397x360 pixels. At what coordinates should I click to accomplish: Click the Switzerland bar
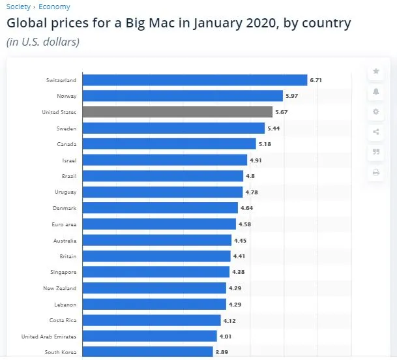tap(195, 80)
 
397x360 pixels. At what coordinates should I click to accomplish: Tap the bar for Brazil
tap(163, 176)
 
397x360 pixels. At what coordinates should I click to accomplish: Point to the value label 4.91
tap(256, 160)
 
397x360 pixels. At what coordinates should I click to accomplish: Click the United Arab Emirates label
tap(49, 337)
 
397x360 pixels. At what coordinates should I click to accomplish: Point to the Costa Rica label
tap(63, 320)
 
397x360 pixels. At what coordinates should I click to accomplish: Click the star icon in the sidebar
tap(375, 71)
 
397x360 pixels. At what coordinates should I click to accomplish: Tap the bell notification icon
tap(375, 91)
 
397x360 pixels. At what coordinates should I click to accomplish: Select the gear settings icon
tap(375, 112)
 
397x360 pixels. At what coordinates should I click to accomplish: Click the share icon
tap(375, 132)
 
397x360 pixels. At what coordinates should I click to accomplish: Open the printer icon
tap(375, 172)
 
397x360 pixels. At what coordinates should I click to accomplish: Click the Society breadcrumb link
tap(18, 7)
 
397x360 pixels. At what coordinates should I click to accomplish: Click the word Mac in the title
tap(165, 24)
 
